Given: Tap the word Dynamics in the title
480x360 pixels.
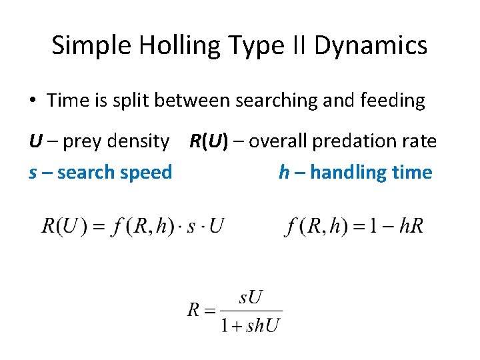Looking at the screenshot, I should point(370,45).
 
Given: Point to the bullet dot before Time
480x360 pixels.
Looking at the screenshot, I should point(33,101).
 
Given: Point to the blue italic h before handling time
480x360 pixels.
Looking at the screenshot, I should point(284,173).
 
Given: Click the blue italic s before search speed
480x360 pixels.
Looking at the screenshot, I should point(33,173).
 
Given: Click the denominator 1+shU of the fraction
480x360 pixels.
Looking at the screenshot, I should point(251,325).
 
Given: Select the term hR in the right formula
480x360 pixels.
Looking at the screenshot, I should point(412,226).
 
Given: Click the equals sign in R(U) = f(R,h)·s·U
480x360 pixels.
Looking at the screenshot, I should point(98,227).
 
